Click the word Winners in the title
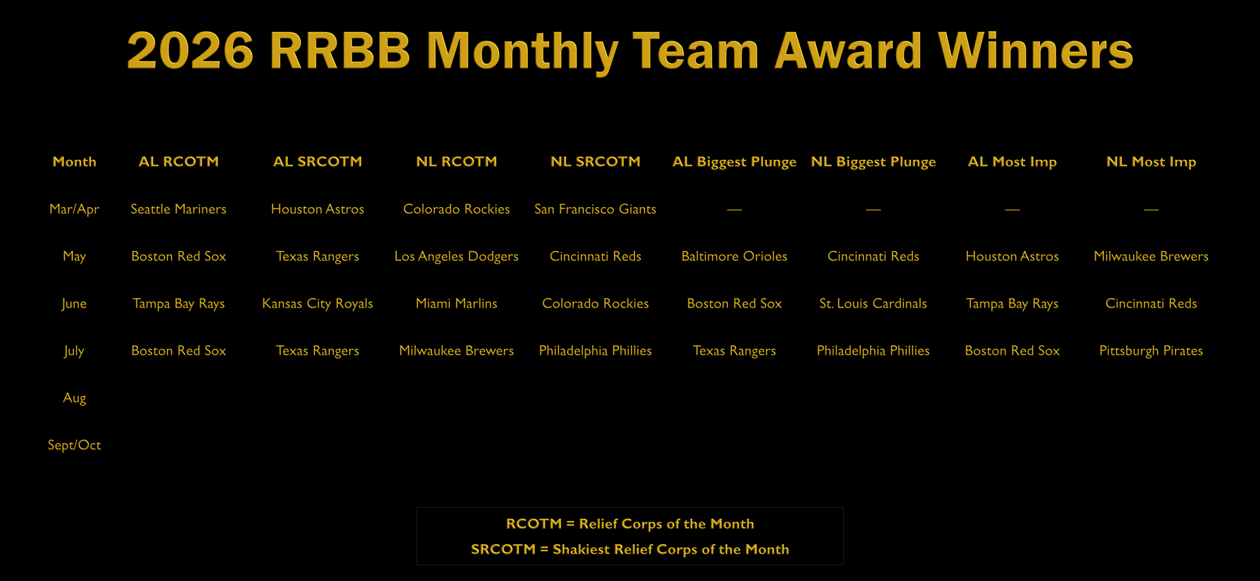pyautogui.click(x=1036, y=50)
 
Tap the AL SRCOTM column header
pyautogui.click(x=317, y=161)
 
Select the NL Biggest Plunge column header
pyautogui.click(x=873, y=162)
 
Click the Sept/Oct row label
pyautogui.click(x=74, y=445)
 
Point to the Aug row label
pyautogui.click(x=74, y=398)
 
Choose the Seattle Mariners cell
pyautogui.click(x=179, y=209)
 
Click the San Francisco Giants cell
pyautogui.click(x=595, y=209)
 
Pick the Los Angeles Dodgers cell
pyautogui.click(x=456, y=257)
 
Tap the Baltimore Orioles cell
pyautogui.click(x=734, y=256)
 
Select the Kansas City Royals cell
pyautogui.click(x=317, y=304)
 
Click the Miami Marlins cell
pyautogui.click(x=456, y=303)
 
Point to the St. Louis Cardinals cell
pyautogui.click(x=873, y=303)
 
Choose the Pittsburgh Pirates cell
pyautogui.click(x=1151, y=351)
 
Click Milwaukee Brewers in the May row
pyautogui.click(x=1151, y=256)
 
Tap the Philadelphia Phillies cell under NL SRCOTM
pyautogui.click(x=595, y=351)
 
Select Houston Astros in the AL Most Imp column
pyautogui.click(x=1012, y=256)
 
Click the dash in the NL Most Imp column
pyautogui.click(x=1151, y=210)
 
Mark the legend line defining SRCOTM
pyautogui.click(x=630, y=549)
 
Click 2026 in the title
pyautogui.click(x=190, y=50)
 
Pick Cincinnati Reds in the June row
pyautogui.click(x=1151, y=303)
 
